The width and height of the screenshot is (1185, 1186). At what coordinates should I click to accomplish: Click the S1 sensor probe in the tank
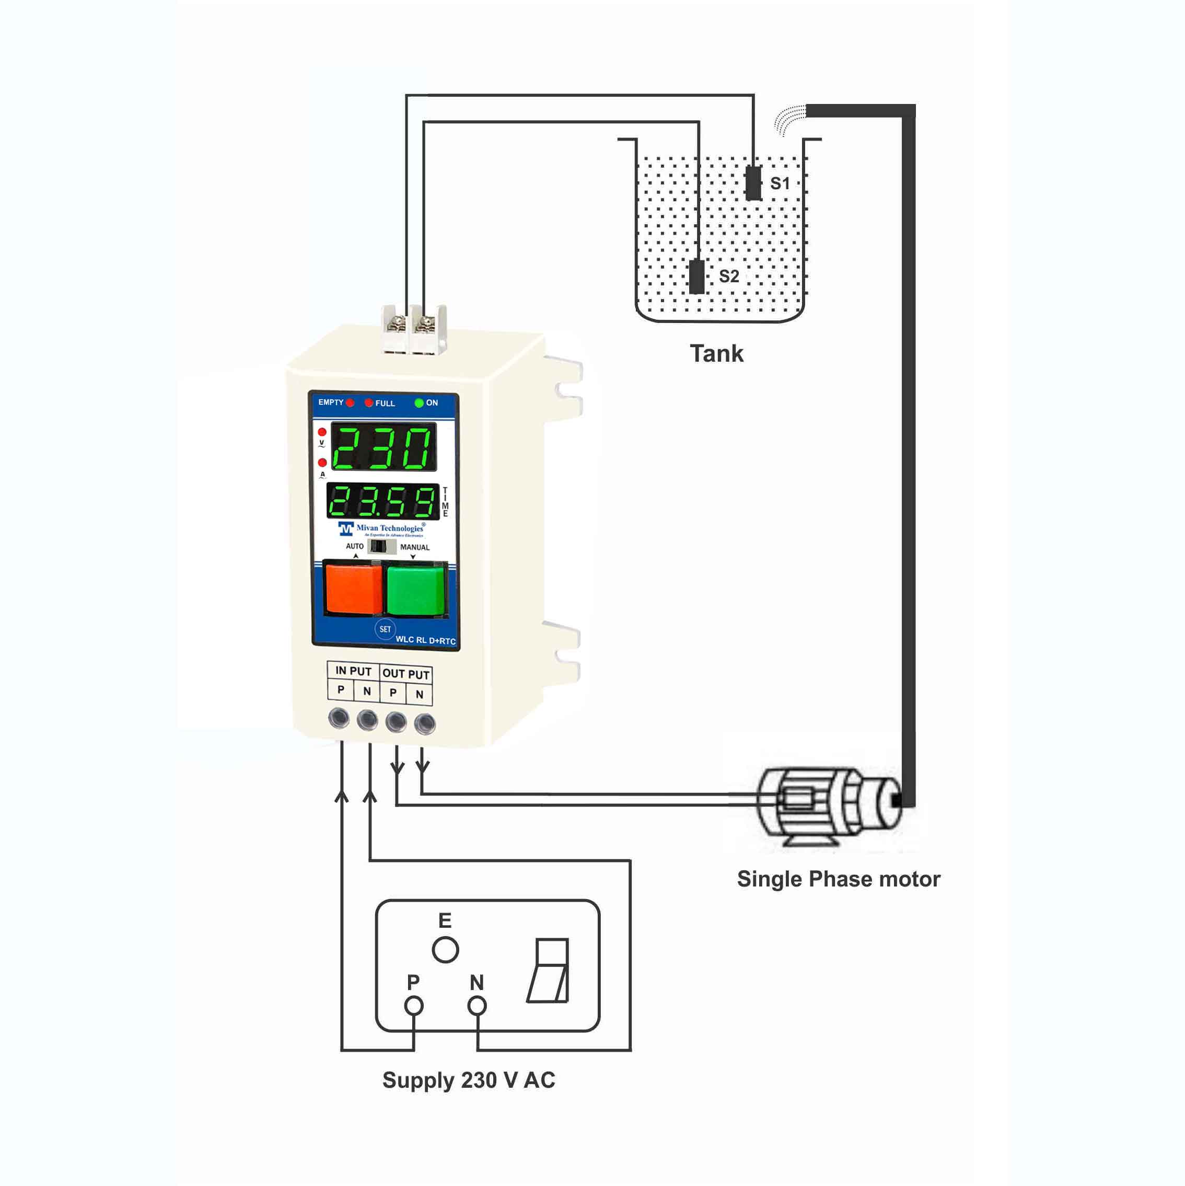[753, 183]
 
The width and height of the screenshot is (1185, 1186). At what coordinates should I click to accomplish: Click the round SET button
[385, 629]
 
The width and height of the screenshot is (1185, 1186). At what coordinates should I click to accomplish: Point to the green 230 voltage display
[384, 447]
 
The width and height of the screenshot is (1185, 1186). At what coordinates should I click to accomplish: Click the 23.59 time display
[383, 501]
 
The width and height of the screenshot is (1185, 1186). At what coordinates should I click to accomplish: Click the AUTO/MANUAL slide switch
[381, 546]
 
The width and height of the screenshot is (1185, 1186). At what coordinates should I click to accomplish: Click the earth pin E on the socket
[445, 950]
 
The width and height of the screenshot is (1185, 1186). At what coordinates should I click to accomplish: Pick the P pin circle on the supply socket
[414, 1006]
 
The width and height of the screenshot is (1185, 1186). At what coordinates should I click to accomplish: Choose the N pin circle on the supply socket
[477, 1006]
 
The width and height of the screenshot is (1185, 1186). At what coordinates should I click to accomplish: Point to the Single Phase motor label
[838, 879]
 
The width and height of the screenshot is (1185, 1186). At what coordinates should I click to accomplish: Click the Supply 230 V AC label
[468, 1080]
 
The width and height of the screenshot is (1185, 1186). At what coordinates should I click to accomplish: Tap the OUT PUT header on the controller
[405, 673]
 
